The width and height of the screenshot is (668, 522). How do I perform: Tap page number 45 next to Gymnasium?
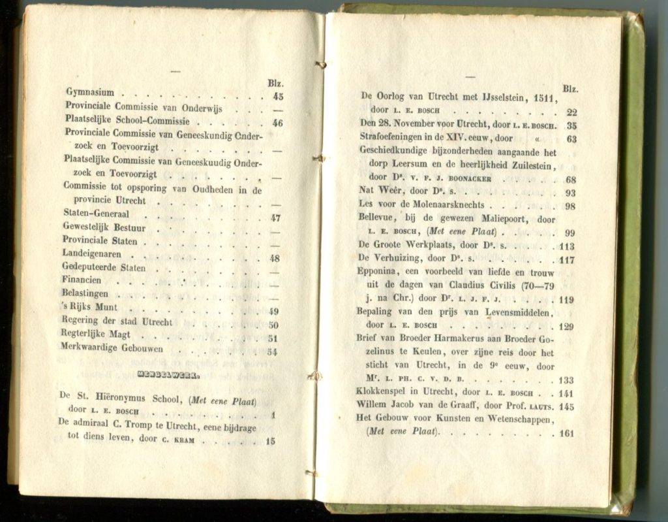coord(278,96)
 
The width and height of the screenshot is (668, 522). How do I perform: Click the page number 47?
coord(275,218)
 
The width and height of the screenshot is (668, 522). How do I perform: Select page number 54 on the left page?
coord(273,351)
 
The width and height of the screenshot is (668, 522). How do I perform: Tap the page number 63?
coord(571,139)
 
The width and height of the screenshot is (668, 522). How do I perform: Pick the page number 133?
coord(566,380)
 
